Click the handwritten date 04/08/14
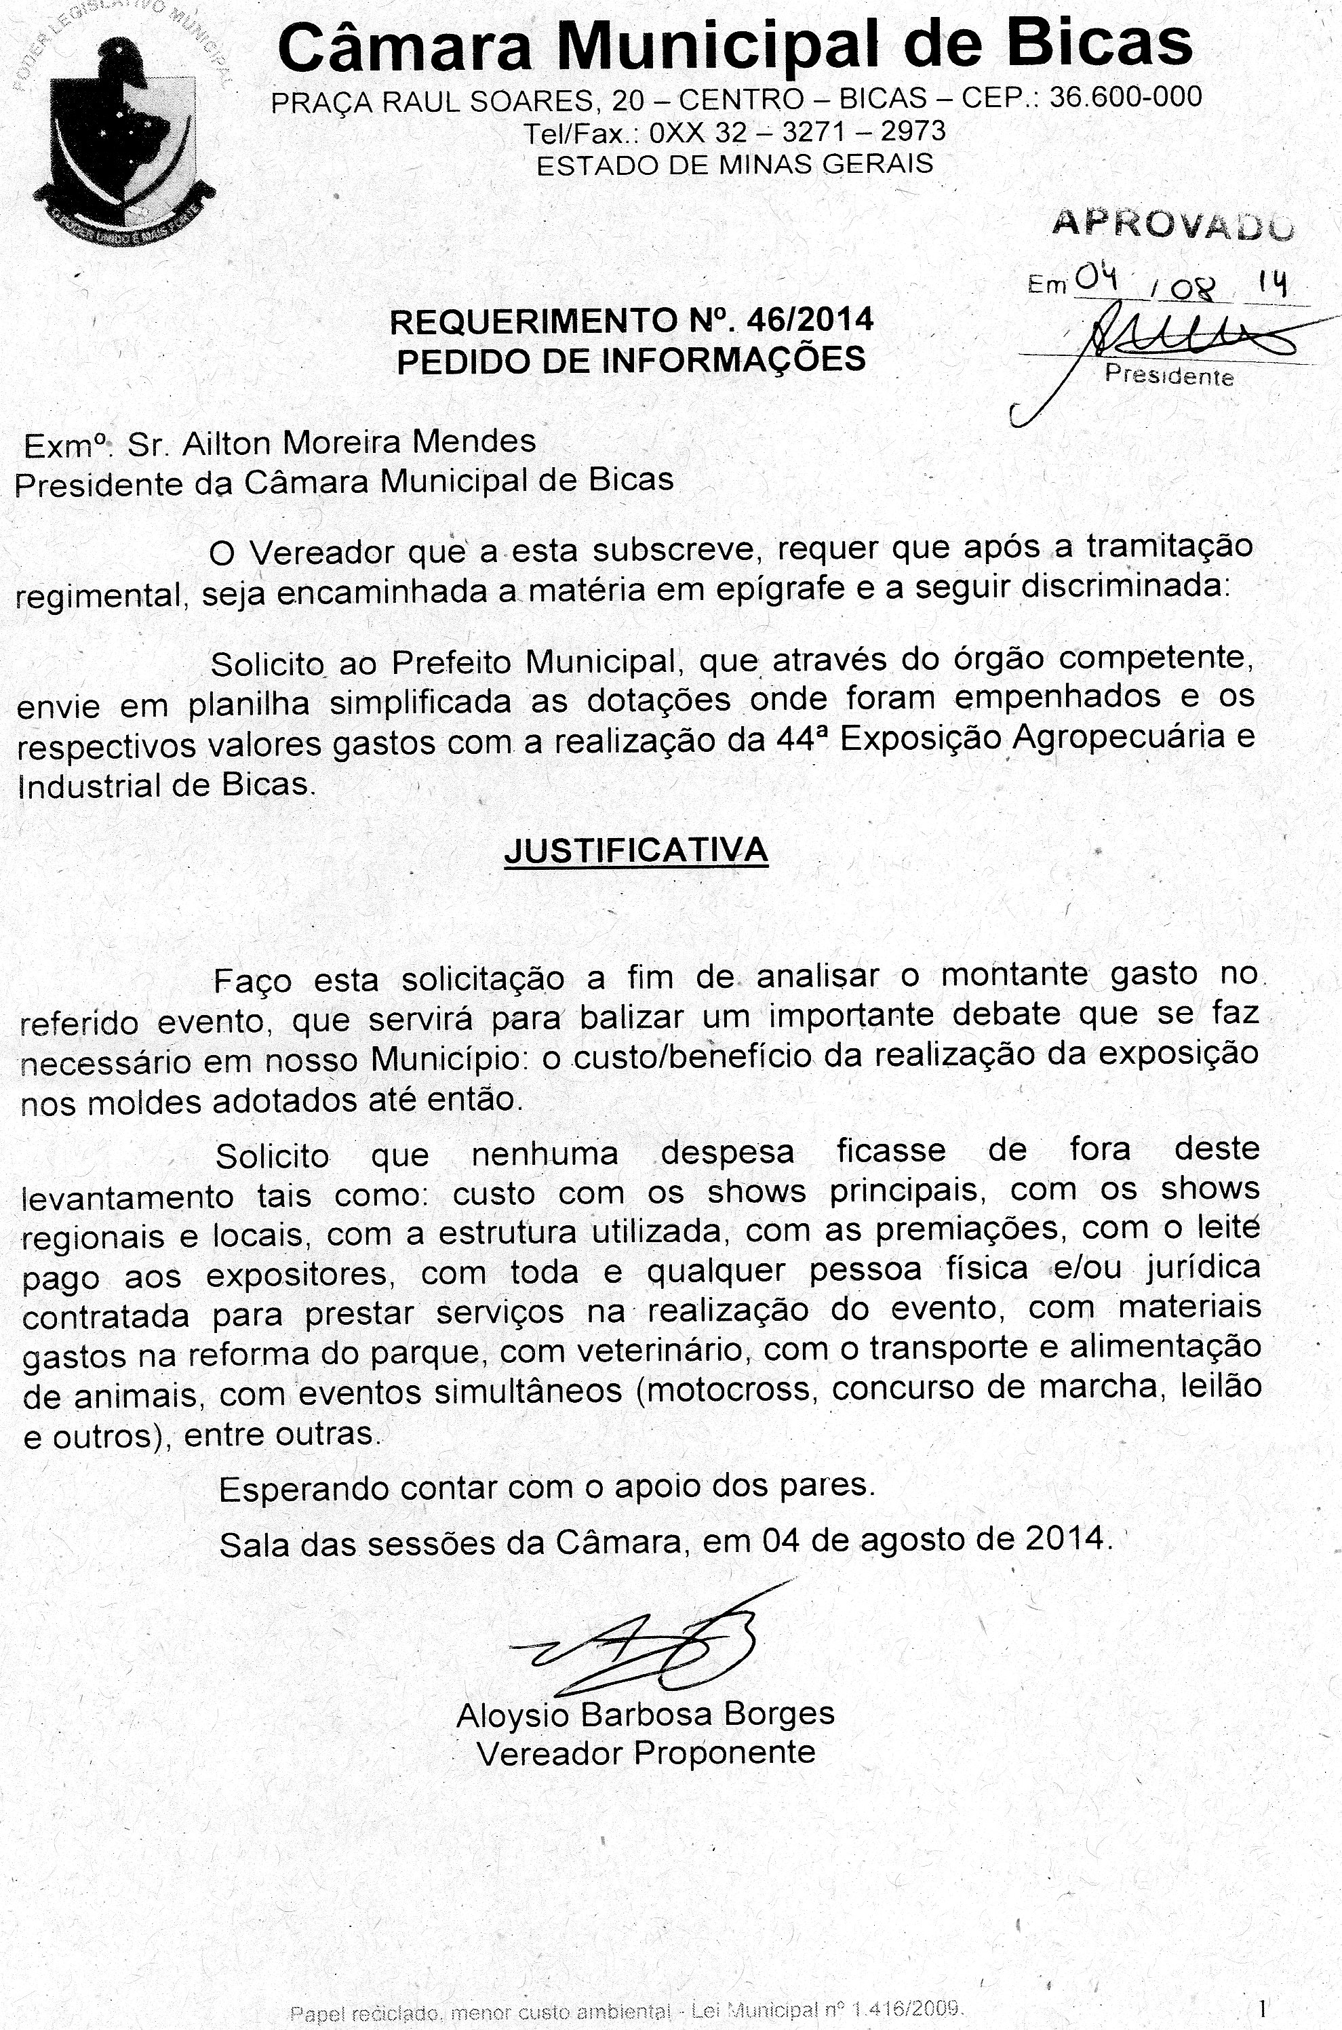point(1181,281)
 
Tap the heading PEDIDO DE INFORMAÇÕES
point(631,360)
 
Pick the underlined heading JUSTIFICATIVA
point(636,850)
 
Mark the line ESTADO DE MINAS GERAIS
point(734,164)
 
